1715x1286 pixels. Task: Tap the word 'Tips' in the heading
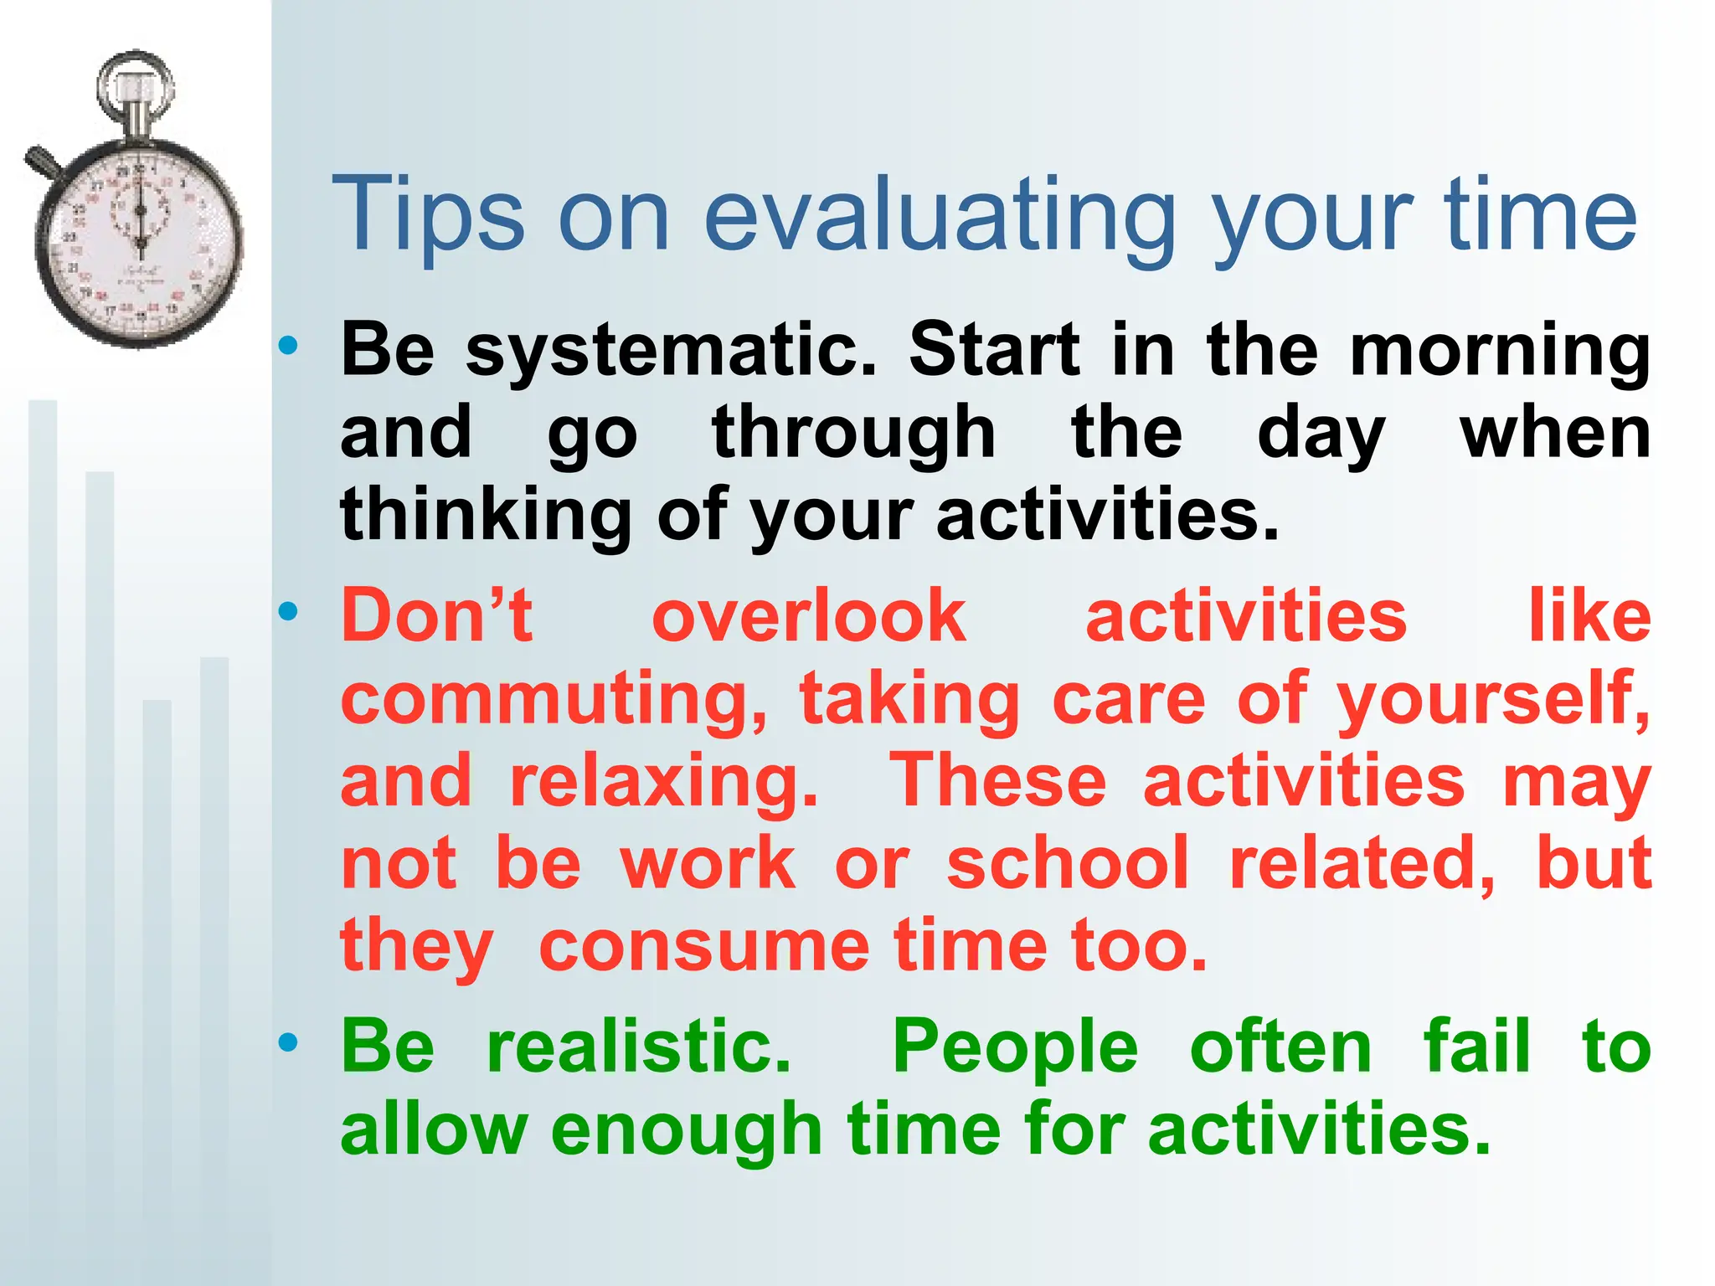pyautogui.click(x=428, y=216)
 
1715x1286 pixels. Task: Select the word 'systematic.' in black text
pyautogui.click(x=670, y=352)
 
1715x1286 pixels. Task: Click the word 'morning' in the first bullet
pyautogui.click(x=1499, y=352)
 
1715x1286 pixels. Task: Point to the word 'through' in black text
pyautogui.click(x=853, y=434)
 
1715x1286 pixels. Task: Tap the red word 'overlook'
pyautogui.click(x=808, y=616)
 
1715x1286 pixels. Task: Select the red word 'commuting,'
pyautogui.click(x=553, y=700)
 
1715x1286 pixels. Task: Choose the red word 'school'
pyautogui.click(x=1067, y=863)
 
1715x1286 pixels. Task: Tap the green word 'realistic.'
pyautogui.click(x=638, y=1047)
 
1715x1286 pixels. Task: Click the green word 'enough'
pyautogui.click(x=686, y=1130)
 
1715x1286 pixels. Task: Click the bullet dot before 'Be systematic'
pyautogui.click(x=288, y=345)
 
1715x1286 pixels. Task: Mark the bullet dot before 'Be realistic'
pyautogui.click(x=288, y=1042)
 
